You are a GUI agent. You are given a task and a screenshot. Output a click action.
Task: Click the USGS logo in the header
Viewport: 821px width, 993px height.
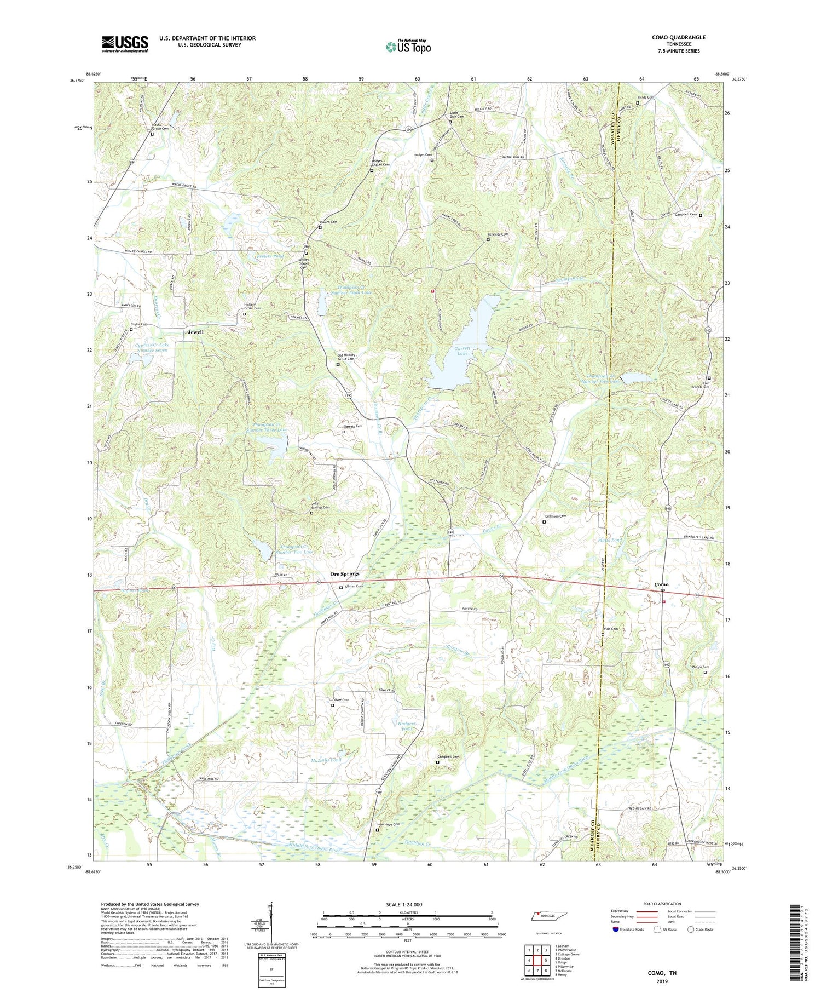point(125,44)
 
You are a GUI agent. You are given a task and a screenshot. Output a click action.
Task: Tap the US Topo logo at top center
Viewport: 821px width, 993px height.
point(408,47)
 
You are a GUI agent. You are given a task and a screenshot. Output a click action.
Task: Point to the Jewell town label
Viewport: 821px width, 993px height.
point(195,332)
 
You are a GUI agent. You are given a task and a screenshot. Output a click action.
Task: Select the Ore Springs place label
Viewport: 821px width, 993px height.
point(344,573)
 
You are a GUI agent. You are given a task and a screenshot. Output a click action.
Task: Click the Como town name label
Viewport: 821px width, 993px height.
point(661,584)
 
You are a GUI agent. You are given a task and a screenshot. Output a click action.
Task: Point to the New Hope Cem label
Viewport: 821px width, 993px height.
point(389,824)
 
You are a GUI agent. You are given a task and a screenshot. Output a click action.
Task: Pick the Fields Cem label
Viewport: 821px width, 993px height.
point(645,97)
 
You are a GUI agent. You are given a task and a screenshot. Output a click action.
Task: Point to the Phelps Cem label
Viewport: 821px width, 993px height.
point(701,667)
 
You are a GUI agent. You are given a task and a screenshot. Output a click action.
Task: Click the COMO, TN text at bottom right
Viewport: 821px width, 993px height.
point(662,973)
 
